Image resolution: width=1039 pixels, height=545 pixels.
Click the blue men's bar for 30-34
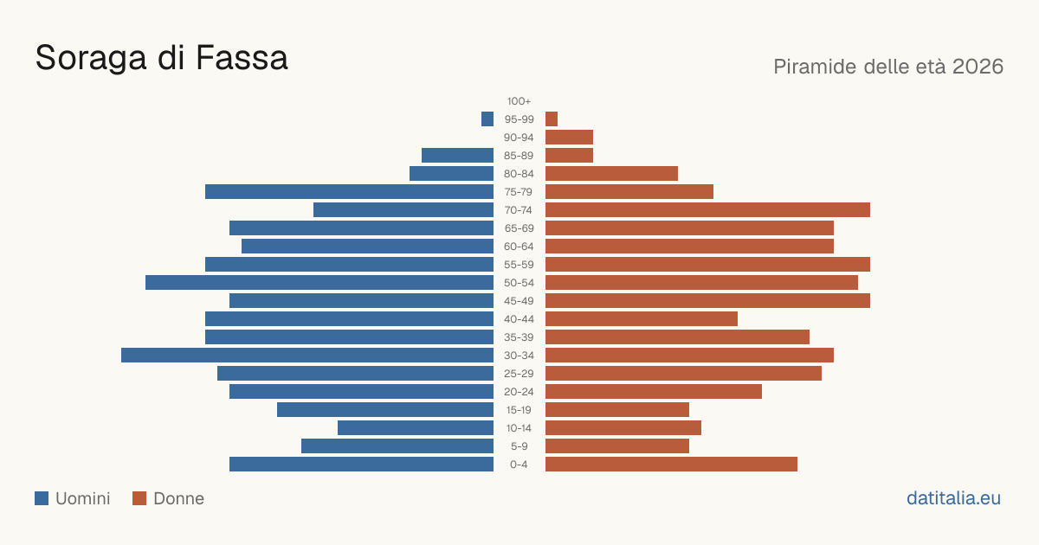click(307, 356)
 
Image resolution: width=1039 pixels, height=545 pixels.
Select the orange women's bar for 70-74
click(708, 210)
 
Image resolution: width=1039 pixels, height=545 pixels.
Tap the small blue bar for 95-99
click(487, 119)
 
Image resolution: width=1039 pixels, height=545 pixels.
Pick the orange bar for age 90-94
click(569, 138)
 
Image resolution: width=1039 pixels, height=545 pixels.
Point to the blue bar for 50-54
click(319, 283)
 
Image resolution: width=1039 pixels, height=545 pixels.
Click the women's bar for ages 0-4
click(671, 465)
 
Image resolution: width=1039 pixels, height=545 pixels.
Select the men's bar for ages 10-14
click(416, 427)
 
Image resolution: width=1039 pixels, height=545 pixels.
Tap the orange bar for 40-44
click(642, 319)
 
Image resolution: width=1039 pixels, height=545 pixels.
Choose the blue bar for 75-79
click(349, 192)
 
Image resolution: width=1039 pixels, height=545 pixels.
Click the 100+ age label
click(519, 101)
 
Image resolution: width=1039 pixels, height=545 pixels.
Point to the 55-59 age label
click(519, 265)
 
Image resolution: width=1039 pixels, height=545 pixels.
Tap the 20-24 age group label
click(519, 392)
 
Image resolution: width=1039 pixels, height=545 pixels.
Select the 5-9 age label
click(519, 446)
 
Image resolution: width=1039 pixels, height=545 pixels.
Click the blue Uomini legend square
click(42, 498)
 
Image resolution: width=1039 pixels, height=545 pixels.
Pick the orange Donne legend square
click(139, 498)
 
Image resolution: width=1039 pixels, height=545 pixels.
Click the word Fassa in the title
click(242, 58)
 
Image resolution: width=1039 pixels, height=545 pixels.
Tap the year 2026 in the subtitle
click(978, 67)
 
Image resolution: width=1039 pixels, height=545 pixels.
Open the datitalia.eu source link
click(953, 498)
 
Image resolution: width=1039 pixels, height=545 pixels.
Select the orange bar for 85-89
click(569, 155)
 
